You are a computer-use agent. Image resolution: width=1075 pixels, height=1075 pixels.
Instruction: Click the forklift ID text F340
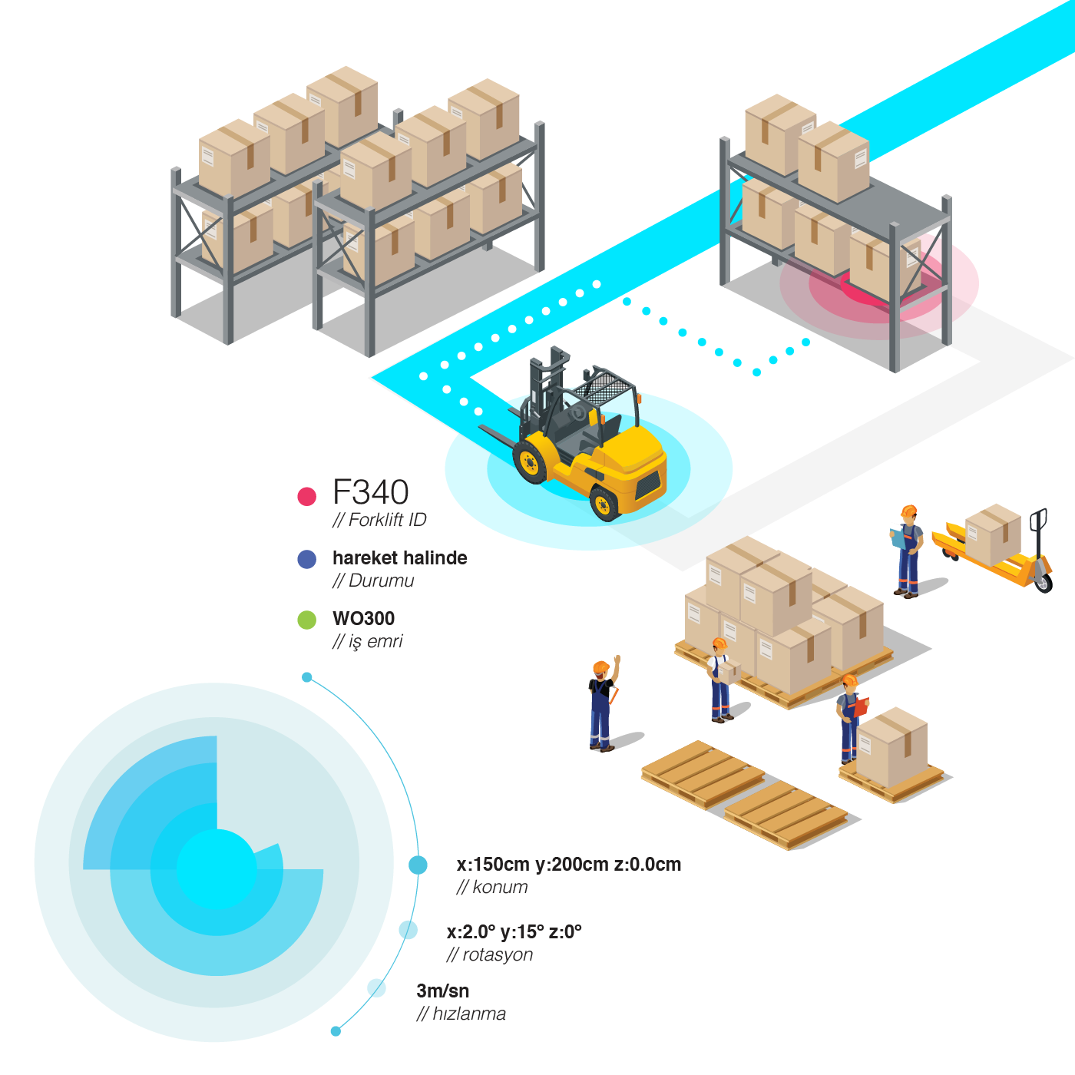[x=370, y=492]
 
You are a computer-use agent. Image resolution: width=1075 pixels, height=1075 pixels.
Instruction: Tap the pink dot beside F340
[x=307, y=496]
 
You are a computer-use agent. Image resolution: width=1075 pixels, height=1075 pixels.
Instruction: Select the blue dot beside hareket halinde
[x=307, y=559]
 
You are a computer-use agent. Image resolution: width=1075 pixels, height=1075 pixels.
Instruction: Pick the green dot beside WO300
[x=307, y=620]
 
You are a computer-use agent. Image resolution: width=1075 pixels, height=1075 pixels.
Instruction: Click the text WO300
[x=363, y=619]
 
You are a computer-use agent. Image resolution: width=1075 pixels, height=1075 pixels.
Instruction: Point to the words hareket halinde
[x=399, y=558]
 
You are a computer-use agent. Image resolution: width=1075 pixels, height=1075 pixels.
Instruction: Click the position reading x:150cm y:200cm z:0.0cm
[x=568, y=865]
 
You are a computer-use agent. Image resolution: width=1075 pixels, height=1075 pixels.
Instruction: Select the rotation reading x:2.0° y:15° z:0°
[x=514, y=932]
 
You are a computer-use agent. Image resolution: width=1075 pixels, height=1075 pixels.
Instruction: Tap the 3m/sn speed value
[x=442, y=991]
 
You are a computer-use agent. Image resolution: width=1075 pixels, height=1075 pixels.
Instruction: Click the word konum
[x=500, y=888]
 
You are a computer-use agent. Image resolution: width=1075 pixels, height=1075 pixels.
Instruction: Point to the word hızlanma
[x=468, y=1014]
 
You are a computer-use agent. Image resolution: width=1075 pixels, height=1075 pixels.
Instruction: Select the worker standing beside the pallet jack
[x=908, y=551]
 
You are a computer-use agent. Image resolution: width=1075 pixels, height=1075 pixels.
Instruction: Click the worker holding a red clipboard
[x=849, y=718]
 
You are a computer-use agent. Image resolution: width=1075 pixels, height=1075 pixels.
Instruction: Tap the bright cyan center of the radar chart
[x=216, y=869]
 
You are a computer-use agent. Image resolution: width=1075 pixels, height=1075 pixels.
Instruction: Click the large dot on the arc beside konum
[x=418, y=865]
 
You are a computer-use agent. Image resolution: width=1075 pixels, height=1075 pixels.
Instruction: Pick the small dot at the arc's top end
[x=307, y=677]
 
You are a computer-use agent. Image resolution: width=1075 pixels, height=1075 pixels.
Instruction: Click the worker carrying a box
[x=720, y=680]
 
